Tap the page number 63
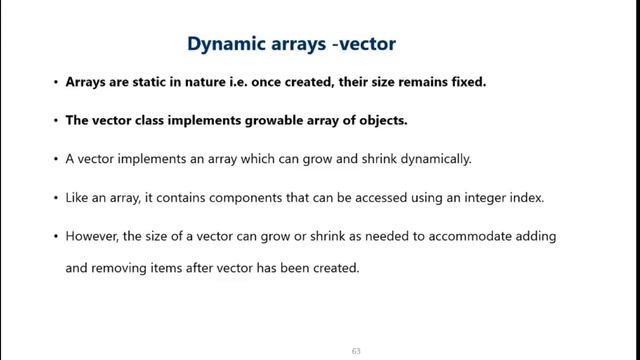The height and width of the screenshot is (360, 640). point(355,351)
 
